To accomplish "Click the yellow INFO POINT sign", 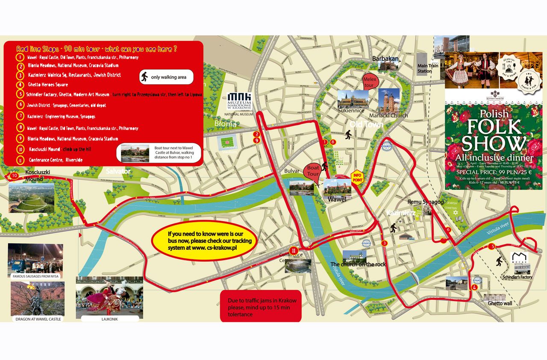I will [357, 177].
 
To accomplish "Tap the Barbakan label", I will [385, 59].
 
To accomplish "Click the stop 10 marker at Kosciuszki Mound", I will [15, 176].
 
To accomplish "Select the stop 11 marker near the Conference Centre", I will [294, 251].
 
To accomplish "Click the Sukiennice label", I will [351, 111].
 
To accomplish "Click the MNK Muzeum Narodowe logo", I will [240, 102].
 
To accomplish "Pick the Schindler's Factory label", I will [517, 277].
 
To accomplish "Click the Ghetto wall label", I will [500, 303].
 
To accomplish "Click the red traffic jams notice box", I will [261, 307].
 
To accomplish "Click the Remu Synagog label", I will [426, 202].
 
